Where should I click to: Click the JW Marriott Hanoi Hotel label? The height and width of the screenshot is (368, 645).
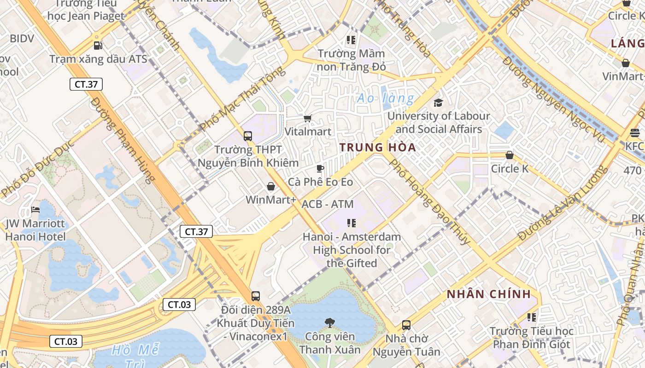click(35, 230)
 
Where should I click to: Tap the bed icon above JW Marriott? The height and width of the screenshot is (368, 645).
click(35, 210)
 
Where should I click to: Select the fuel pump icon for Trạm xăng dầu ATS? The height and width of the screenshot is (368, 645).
click(98, 45)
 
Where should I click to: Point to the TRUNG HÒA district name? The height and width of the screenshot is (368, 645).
click(377, 148)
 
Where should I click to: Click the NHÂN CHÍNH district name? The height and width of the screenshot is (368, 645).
click(488, 294)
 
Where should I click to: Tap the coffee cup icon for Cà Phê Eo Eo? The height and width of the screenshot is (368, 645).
click(320, 168)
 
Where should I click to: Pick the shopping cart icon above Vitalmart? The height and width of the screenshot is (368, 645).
click(307, 118)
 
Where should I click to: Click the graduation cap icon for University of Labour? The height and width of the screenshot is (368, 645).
click(438, 102)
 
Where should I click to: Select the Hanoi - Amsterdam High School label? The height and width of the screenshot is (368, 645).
click(352, 250)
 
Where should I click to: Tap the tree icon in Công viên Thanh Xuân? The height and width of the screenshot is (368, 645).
click(329, 323)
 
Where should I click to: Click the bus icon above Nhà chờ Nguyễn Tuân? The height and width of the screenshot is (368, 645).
click(406, 325)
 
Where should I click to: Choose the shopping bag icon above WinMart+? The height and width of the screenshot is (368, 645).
click(270, 186)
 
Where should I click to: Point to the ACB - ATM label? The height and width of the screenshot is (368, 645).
click(328, 204)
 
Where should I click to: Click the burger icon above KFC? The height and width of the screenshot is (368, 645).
click(634, 133)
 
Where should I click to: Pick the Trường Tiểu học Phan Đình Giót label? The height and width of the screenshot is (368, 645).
click(531, 338)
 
